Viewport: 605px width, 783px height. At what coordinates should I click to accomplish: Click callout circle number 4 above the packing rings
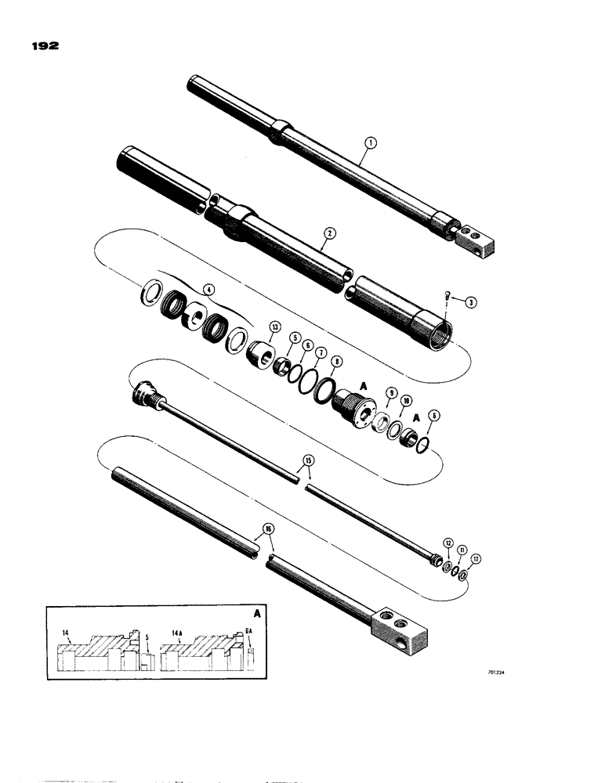coord(208,289)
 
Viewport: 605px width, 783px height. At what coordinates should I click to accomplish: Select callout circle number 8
coord(337,363)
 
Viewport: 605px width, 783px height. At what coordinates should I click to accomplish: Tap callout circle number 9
coord(391,393)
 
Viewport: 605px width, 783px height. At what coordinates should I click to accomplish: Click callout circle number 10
coord(407,402)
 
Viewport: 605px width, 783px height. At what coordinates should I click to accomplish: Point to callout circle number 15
coord(308,460)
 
